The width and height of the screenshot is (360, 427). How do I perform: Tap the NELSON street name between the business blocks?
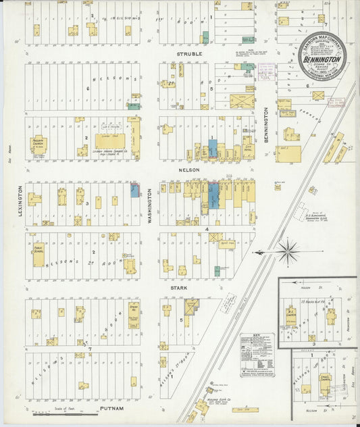188,170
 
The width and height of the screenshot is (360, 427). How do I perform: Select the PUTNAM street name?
111,409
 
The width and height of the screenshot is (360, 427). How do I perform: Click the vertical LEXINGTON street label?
20,200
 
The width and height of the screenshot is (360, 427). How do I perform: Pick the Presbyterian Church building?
38,145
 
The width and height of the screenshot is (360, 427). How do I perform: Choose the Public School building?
38,255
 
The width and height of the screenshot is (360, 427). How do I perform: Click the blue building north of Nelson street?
213,148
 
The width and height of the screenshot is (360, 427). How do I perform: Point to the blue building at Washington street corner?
134,191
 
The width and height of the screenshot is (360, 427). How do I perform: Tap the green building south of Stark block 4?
217,271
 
